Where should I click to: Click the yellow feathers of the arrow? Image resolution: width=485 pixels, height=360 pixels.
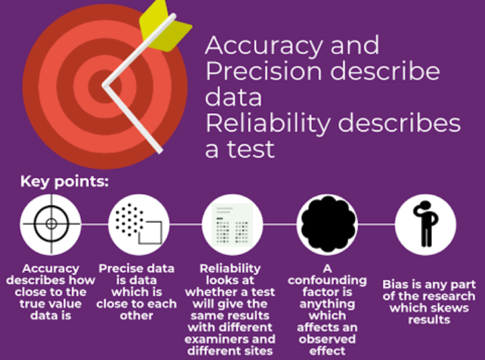[x=164, y=26]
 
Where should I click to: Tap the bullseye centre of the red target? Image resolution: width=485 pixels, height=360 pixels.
[x=104, y=86]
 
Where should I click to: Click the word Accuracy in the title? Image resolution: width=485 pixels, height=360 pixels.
[x=264, y=46]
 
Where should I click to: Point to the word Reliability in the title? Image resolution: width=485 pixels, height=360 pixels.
[x=268, y=123]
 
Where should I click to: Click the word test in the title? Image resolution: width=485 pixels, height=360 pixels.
[x=251, y=149]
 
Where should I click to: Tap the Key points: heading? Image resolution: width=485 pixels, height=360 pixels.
[x=65, y=181]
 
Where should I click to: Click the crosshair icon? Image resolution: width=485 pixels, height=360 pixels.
[x=51, y=224]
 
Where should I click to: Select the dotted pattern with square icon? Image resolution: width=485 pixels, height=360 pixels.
[x=139, y=224]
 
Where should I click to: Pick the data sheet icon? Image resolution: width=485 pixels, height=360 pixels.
[x=232, y=224]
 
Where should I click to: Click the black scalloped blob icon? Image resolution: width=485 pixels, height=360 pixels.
[x=327, y=224]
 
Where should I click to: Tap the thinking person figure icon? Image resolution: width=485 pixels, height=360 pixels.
[x=426, y=224]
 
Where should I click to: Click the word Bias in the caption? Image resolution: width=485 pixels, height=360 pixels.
[x=395, y=284]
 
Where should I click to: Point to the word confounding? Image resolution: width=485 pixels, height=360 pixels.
[x=327, y=280]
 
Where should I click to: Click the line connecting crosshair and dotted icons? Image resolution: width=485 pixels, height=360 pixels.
[x=95, y=224]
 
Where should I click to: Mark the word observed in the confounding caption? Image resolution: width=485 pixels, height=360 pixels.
[x=327, y=339]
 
